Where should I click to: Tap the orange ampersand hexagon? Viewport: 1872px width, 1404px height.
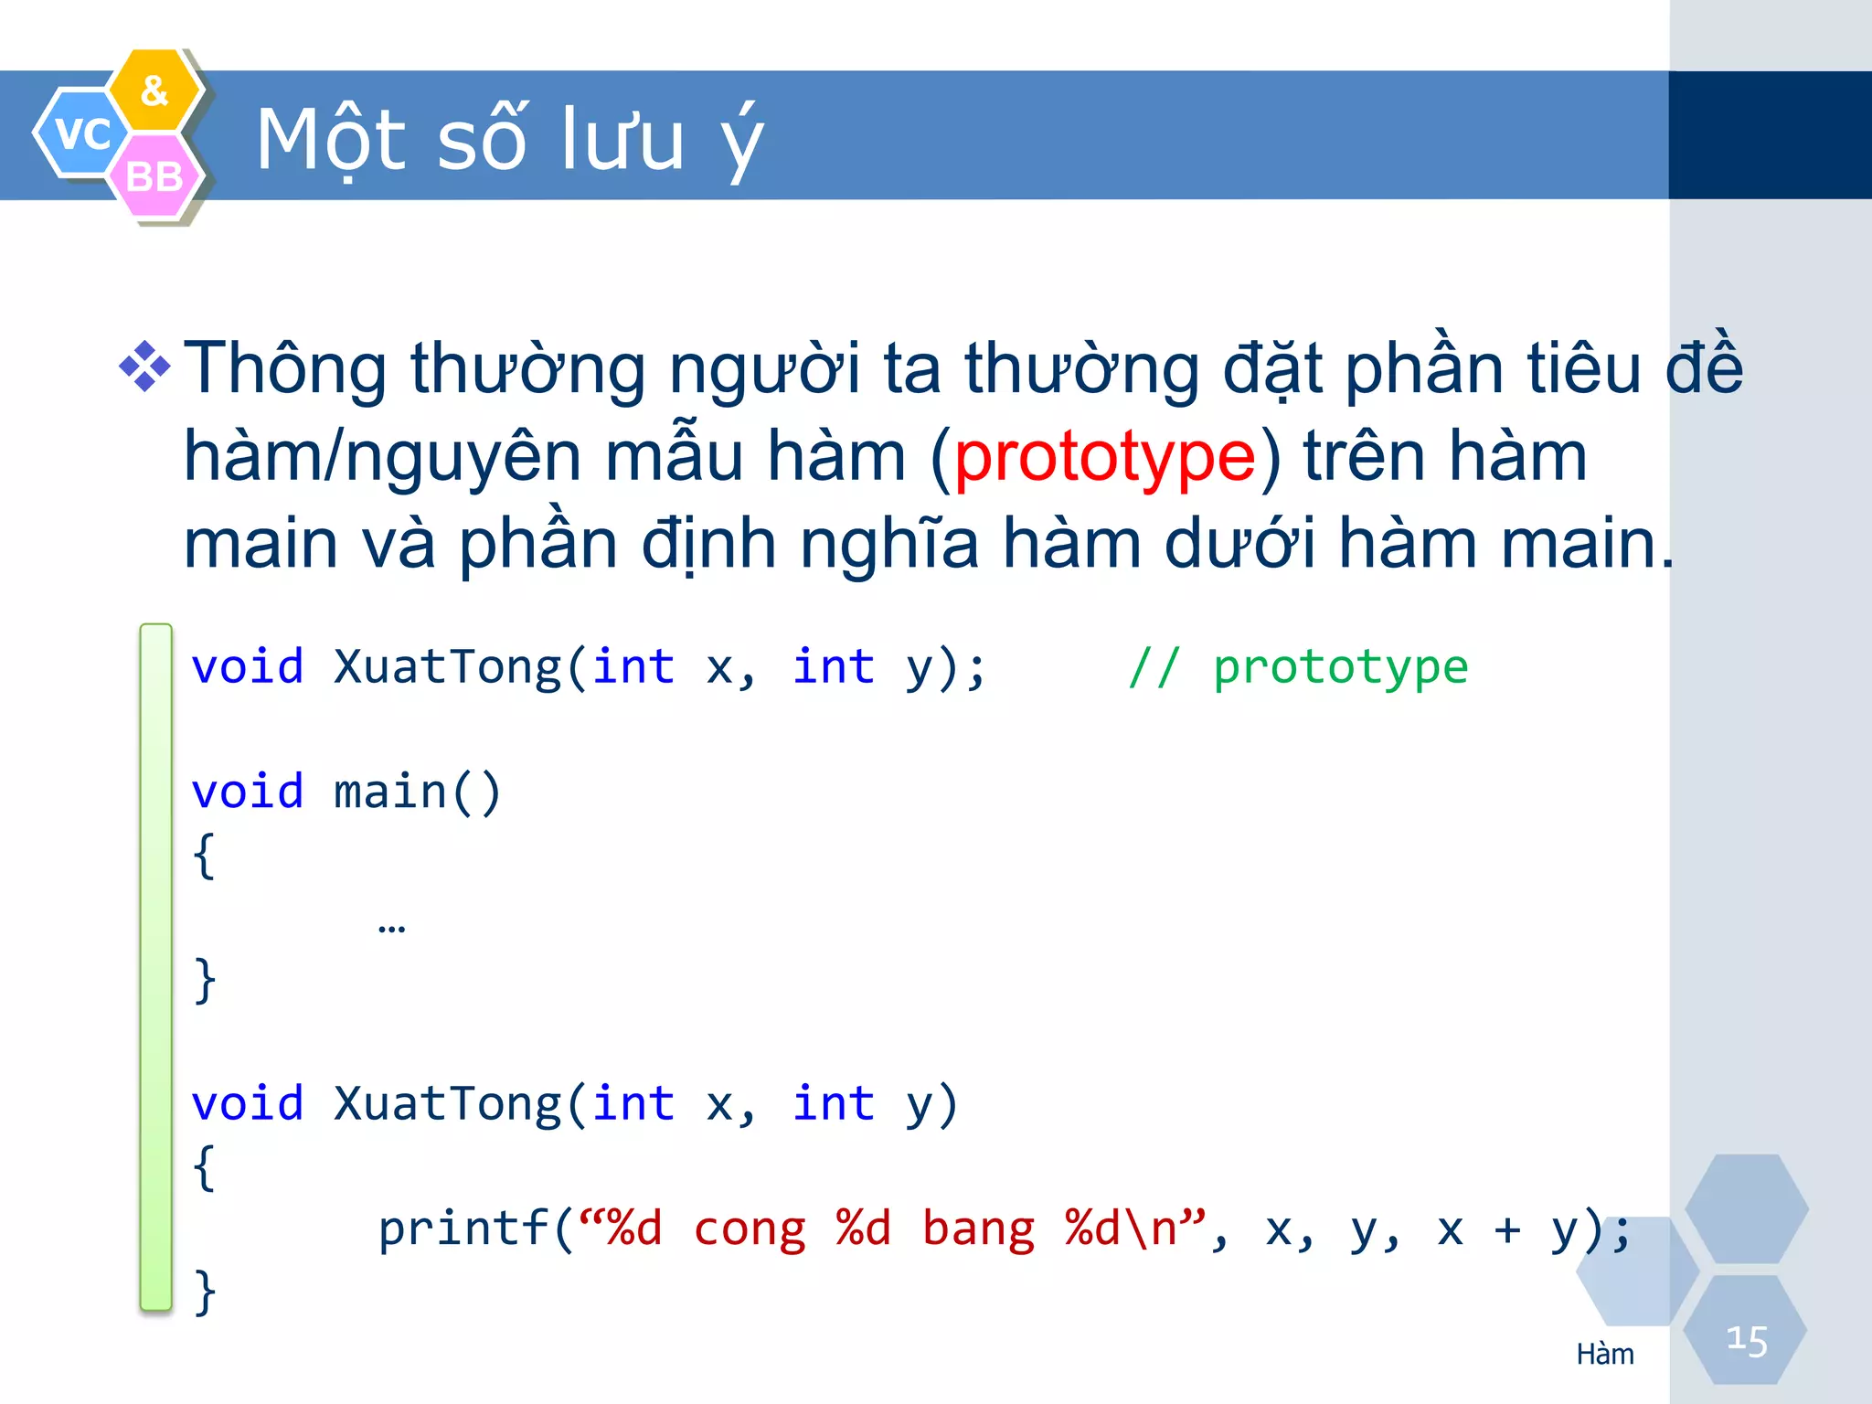(x=154, y=90)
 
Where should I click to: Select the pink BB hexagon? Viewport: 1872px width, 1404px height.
(x=154, y=176)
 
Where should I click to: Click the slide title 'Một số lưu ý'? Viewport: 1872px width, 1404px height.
(x=508, y=140)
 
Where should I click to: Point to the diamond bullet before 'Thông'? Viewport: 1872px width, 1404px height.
(x=144, y=367)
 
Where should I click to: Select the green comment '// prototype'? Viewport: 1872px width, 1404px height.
(x=1297, y=667)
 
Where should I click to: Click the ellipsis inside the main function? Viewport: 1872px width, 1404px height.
(x=391, y=929)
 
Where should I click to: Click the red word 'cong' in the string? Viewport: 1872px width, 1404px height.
(x=750, y=1228)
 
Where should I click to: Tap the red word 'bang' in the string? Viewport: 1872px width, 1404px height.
(x=978, y=1228)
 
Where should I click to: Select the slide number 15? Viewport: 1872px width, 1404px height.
(x=1746, y=1340)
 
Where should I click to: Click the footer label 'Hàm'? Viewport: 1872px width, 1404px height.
(x=1605, y=1354)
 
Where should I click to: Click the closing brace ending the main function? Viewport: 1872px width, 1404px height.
(x=205, y=980)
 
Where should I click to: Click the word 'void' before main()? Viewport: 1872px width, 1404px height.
(x=247, y=792)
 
